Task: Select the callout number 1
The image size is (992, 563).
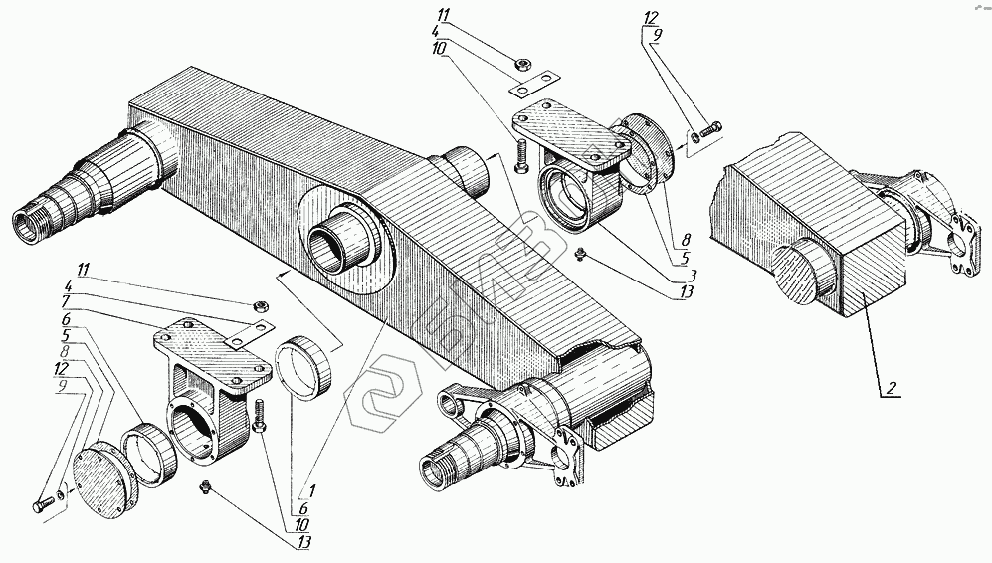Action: [312, 490]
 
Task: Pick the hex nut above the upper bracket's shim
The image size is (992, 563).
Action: [520, 67]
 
